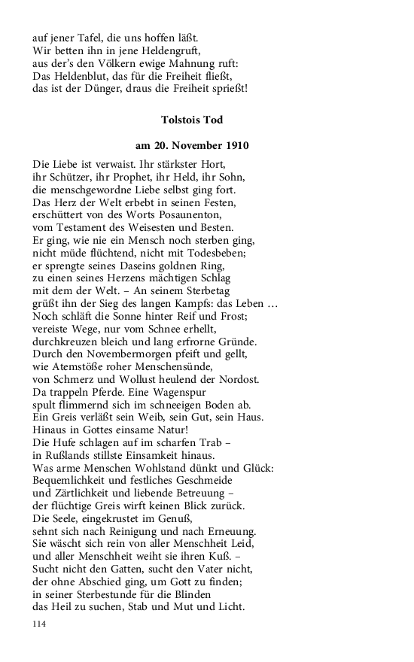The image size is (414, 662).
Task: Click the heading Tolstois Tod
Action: tap(192, 120)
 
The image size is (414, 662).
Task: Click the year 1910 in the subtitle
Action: tap(235, 144)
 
